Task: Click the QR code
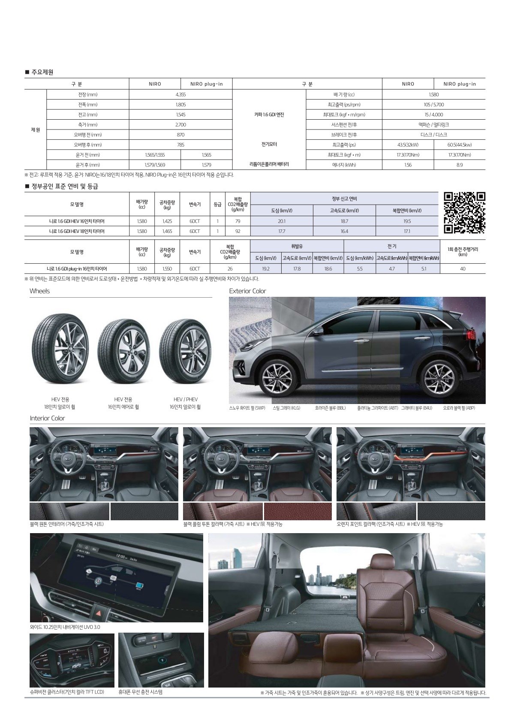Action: coord(464,213)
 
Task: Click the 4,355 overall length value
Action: coord(180,94)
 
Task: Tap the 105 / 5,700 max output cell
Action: coord(433,105)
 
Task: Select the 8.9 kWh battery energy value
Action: coord(459,165)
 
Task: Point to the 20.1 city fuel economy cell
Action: coord(281,221)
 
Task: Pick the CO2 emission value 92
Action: coord(237,231)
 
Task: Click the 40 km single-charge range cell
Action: coord(463,269)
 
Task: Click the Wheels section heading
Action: coord(40,291)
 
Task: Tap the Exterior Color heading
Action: coord(247,291)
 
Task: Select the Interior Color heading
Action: coord(47,418)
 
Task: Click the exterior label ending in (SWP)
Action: coord(247,408)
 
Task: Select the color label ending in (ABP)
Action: coord(459,408)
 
